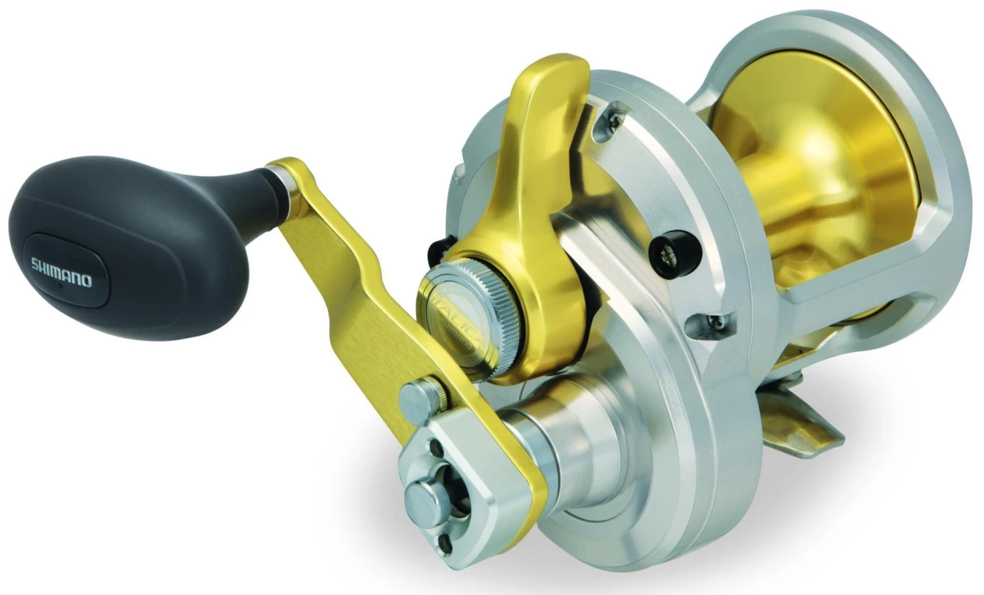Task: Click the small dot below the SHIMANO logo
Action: tap(59, 286)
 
